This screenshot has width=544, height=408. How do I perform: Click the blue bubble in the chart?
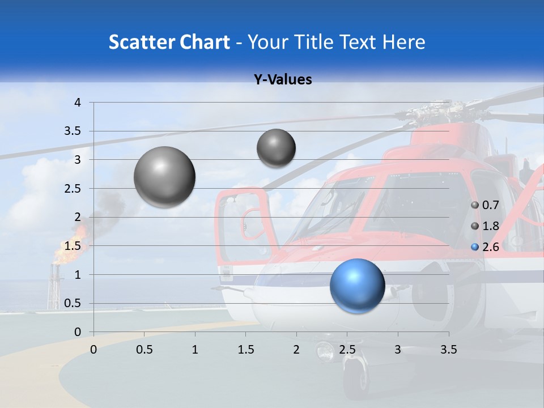pos(357,286)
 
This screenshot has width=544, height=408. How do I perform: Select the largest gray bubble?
pos(164,177)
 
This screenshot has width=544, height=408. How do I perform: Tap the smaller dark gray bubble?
pos(276,148)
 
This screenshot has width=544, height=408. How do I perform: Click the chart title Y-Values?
pos(283,80)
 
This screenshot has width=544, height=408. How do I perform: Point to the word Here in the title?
pos(403,42)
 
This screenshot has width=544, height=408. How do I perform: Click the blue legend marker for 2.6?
pos(475,247)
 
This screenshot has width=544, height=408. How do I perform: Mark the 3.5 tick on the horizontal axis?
pos(449,350)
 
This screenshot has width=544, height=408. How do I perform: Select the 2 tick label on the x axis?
pos(296,350)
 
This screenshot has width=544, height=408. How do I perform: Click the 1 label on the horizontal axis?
pos(195,350)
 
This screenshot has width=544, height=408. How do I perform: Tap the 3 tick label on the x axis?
pos(398,350)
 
